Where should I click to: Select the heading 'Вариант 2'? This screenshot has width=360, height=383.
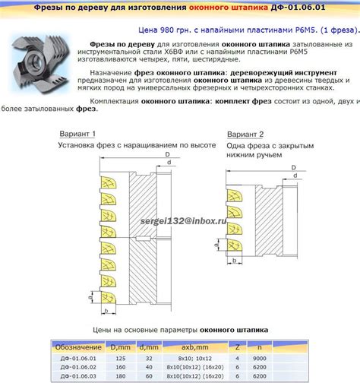246,134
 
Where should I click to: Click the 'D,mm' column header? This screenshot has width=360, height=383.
120,347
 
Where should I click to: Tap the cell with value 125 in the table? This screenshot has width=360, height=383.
120,356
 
